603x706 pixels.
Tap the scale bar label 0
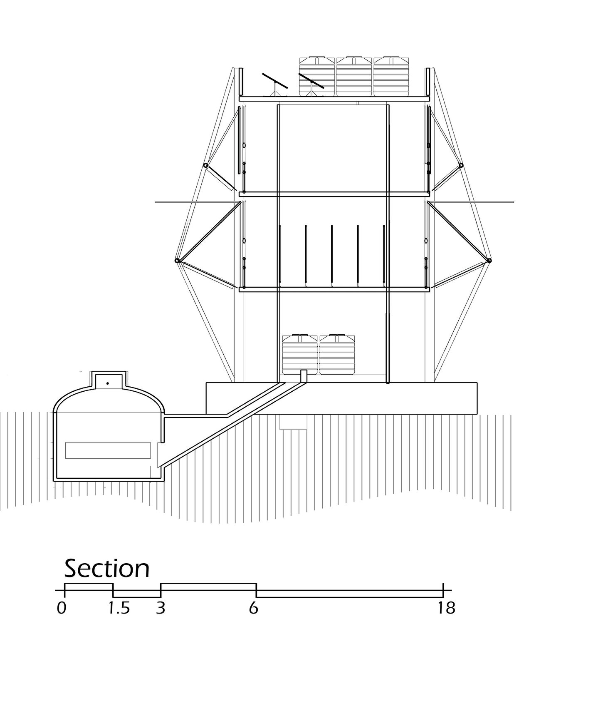(62, 608)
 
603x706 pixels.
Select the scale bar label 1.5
(119, 608)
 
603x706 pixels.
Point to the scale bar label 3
(161, 608)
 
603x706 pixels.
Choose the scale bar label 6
(253, 608)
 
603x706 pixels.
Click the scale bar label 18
(446, 608)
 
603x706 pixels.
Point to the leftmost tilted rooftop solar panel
(275, 80)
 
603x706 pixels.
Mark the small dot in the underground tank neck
(108, 383)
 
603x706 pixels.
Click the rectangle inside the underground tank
(108, 450)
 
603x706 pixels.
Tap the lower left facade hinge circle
(177, 261)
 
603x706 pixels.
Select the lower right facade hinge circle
(489, 261)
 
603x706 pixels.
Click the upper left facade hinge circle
(205, 165)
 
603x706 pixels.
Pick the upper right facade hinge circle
(461, 165)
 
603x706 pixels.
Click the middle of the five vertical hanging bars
(331, 255)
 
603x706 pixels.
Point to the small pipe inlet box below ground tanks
(304, 376)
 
